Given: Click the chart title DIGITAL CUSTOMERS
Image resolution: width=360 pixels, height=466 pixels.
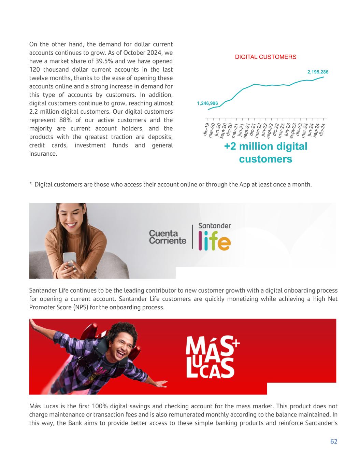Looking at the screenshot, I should [x=265, y=57].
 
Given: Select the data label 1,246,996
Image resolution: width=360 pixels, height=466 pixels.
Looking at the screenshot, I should [x=207, y=103].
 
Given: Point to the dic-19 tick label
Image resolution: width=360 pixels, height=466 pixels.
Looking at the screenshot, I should [x=206, y=130].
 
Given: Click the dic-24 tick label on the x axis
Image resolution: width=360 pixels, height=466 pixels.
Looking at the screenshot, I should [x=322, y=129].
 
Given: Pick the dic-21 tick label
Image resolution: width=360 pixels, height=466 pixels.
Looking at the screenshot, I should [x=252, y=129].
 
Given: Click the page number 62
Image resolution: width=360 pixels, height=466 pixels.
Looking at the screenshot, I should [x=334, y=441].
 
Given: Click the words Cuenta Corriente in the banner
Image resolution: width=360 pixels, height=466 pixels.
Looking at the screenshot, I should [x=168, y=237].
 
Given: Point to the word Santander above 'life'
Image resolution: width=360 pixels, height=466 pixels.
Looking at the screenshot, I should [x=214, y=226].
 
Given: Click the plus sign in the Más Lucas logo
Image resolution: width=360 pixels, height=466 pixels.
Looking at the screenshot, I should [x=235, y=343].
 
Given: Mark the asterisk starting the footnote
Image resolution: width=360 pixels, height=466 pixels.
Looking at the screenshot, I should [x=31, y=185].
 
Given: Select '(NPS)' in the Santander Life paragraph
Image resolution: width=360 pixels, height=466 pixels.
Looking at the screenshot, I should [x=79, y=307].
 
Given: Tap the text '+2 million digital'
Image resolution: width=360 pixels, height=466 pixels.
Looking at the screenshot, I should [x=265, y=146].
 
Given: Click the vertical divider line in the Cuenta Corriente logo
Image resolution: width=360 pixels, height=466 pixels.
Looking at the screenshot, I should [x=192, y=237].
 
